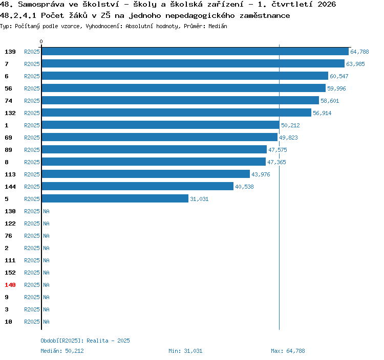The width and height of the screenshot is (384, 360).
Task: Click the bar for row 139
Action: pyautogui.click(x=195, y=51)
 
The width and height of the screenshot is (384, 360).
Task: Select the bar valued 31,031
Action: pyautogui.click(x=115, y=198)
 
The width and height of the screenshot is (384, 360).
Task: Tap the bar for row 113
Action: pyautogui.click(x=146, y=174)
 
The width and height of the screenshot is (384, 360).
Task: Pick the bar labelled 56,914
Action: pyautogui.click(x=177, y=112)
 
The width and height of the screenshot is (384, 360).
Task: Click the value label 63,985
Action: pyautogui.click(x=355, y=64)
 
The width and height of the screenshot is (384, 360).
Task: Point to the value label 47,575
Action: pyautogui.click(x=278, y=150)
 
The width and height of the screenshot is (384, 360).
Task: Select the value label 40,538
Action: pyautogui.click(x=244, y=187)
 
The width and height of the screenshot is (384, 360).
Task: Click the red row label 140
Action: pyautogui.click(x=10, y=285)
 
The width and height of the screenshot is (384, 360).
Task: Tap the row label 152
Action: pyautogui.click(x=10, y=273)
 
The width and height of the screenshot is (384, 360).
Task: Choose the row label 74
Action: pyautogui.click(x=8, y=101)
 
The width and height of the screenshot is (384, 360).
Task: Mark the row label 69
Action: pyautogui.click(x=8, y=138)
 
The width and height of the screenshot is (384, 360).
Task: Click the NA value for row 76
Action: pyautogui.click(x=46, y=236)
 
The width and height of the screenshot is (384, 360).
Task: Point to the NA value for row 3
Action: pyautogui.click(x=46, y=309)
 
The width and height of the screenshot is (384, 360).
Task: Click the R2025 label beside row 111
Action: pyautogui.click(x=32, y=260)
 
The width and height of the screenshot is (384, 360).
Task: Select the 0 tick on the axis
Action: pyautogui.click(x=41, y=41)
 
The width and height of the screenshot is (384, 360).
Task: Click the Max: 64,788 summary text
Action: pyautogui.click(x=288, y=351)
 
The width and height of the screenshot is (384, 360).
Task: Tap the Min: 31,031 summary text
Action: pyautogui.click(x=185, y=351)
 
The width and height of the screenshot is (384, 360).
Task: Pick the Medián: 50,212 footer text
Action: pyautogui.click(x=62, y=351)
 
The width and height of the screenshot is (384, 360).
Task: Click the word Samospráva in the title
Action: pyautogui.click(x=41, y=4)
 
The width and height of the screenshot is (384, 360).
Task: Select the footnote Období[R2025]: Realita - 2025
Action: pyautogui.click(x=85, y=341)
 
